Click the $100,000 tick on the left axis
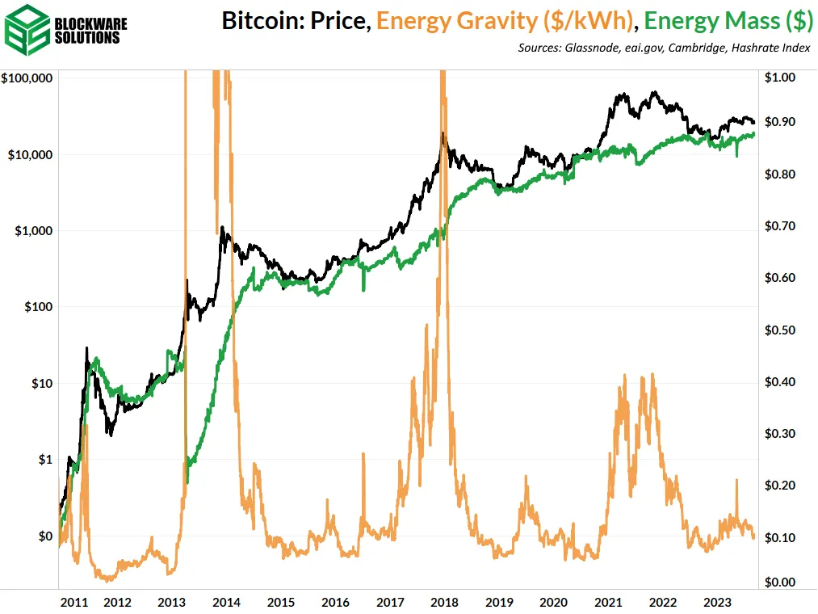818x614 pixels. [x=27, y=78]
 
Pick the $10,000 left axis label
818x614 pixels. [x=30, y=154]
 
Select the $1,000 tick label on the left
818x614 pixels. [x=33, y=230]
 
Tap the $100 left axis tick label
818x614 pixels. [x=38, y=307]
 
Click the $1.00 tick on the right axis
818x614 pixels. [x=780, y=78]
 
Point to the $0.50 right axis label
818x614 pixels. [x=780, y=330]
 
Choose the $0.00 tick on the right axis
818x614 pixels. [x=780, y=582]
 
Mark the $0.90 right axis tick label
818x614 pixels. [x=780, y=122]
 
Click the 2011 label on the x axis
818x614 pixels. [x=74, y=602]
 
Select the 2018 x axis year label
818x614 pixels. [x=444, y=602]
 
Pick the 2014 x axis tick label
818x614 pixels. [x=226, y=602]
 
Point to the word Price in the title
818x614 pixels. [x=343, y=20]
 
